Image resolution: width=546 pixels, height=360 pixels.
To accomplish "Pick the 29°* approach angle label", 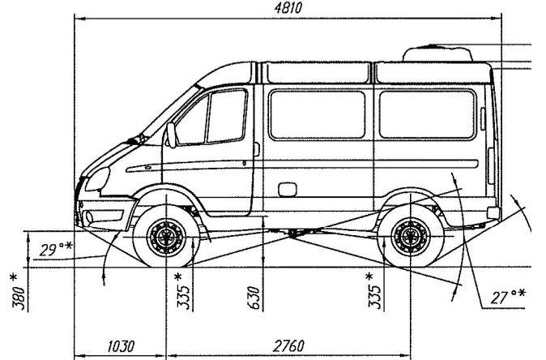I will (57, 248).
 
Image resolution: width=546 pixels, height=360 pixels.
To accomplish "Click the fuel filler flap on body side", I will (286, 189).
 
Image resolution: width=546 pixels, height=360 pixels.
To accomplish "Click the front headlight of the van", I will (97, 178).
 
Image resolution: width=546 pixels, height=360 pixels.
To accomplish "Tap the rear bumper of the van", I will (493, 213).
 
